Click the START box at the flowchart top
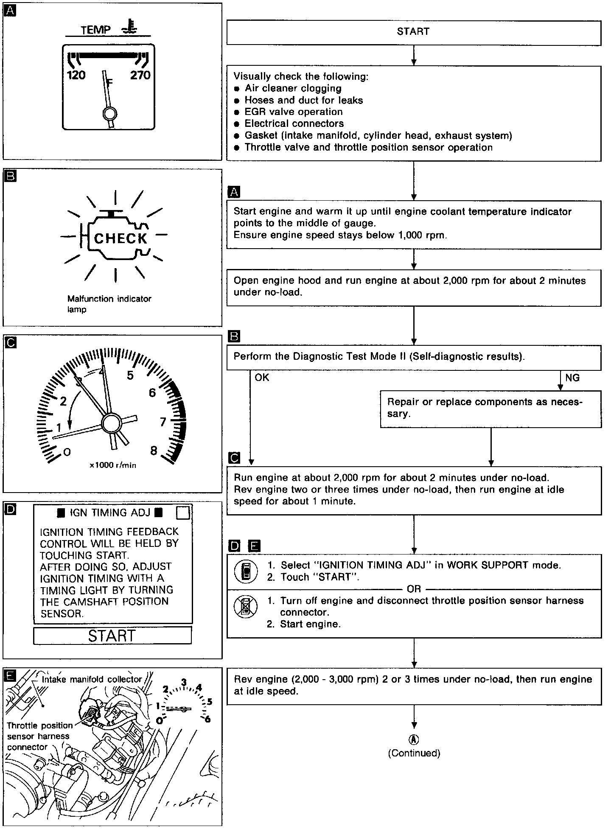414,32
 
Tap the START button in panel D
112,636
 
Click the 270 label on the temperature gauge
140,76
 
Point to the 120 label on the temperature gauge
76,76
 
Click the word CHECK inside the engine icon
121,238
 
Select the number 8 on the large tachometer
154,451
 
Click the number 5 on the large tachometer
130,375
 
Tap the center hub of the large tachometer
111,423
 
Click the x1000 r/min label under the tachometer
113,465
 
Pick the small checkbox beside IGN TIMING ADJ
182,513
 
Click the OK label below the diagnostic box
262,378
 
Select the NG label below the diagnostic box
572,378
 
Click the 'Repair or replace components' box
490,409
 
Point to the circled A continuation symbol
414,739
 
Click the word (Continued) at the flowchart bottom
414,753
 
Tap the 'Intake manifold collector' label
92,679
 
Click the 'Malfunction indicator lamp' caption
109,304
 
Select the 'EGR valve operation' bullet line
293,112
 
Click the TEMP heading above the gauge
96,30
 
